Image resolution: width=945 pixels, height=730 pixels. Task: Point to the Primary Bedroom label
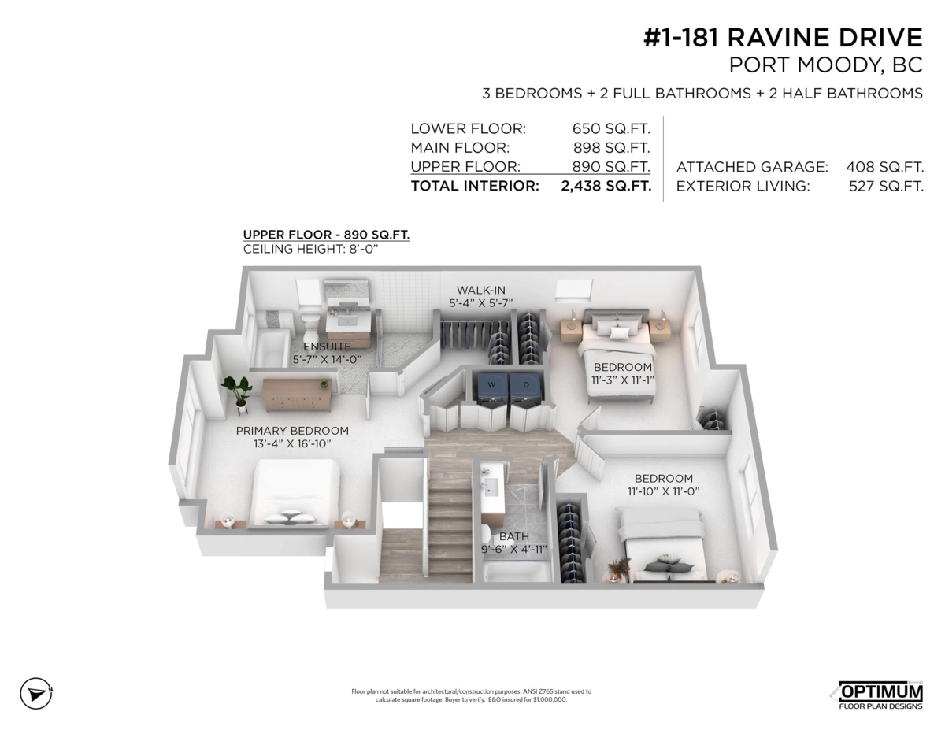coord(292,431)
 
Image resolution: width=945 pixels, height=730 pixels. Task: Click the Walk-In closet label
coord(481,290)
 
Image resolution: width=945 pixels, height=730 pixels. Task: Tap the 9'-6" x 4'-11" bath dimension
coord(513,549)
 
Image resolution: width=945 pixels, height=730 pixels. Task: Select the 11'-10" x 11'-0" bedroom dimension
coord(663,491)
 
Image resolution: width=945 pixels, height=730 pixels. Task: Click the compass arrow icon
coord(36,694)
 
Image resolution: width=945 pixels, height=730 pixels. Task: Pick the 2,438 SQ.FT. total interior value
coord(606,186)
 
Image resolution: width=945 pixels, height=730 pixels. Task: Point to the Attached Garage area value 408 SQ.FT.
coord(885,167)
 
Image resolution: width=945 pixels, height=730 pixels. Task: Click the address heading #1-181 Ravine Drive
coord(784,37)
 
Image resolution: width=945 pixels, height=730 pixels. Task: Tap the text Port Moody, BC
coord(826,65)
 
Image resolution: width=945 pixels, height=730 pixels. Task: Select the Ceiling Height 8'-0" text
coord(310,249)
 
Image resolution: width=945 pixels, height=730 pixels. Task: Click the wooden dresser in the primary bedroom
coord(297,395)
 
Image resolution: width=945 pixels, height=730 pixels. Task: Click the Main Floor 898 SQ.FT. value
coord(611,148)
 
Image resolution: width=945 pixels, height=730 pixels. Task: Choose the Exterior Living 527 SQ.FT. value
coord(886,186)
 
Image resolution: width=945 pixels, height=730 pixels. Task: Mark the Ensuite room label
coord(327,346)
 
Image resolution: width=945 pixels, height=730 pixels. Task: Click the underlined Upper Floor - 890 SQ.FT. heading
coord(326,235)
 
